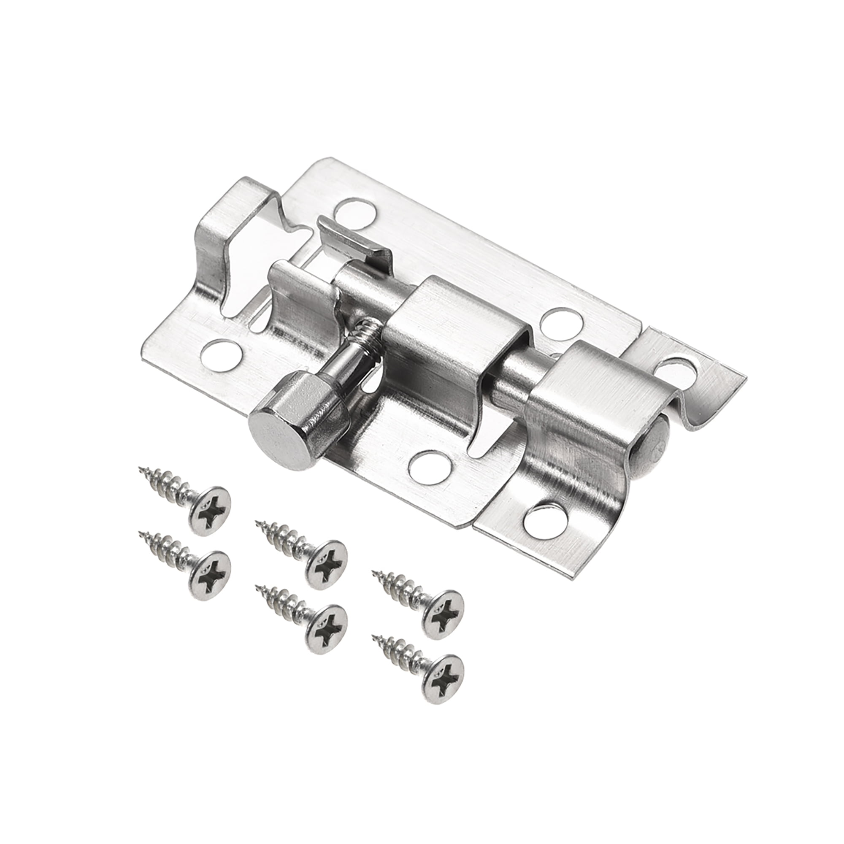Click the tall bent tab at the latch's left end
click(219, 245)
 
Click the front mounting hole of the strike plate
click(546, 522)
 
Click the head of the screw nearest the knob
click(210, 510)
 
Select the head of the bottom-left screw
click(210, 575)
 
